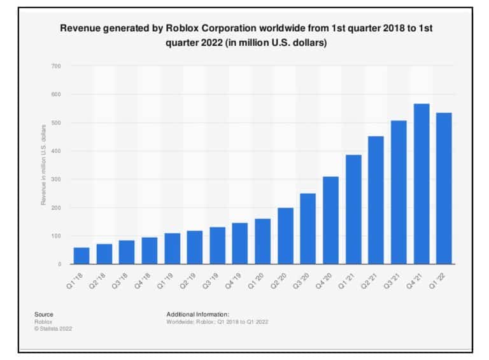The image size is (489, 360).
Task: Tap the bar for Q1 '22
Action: [444, 188]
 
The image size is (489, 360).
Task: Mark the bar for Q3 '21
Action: [399, 192]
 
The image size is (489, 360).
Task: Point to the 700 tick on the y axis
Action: [57, 66]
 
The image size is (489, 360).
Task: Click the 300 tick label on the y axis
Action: [57, 179]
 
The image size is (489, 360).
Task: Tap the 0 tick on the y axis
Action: [59, 264]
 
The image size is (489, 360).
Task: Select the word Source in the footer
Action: [44, 314]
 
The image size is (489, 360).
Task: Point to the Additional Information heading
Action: [197, 314]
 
